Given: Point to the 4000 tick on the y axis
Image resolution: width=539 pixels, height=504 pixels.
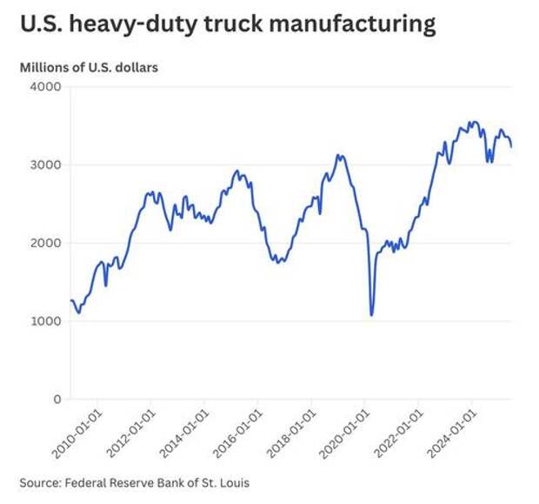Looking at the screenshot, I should [46, 87].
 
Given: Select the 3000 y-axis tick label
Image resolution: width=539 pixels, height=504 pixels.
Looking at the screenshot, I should [46, 165].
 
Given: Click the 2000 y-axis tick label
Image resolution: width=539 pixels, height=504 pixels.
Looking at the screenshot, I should [46, 244].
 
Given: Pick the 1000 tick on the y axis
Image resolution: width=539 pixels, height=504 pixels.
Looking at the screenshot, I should [46, 322].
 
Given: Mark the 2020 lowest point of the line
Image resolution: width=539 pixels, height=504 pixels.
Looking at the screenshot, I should [372, 315].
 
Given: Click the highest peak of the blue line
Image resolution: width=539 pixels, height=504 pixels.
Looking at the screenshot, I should [471, 122].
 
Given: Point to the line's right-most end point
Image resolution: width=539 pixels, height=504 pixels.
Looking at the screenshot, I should [511, 146].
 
